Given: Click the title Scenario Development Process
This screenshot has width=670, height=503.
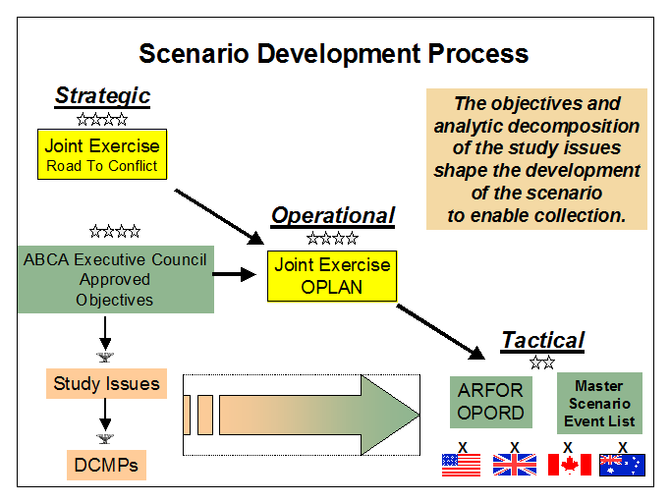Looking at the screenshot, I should (x=334, y=53).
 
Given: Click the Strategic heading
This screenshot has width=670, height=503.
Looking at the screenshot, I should (x=102, y=95).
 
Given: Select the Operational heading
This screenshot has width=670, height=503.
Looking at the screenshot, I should (x=332, y=215).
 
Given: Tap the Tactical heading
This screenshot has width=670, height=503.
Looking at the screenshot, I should (x=542, y=340).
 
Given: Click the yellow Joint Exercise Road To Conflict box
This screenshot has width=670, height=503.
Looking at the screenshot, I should (x=102, y=155).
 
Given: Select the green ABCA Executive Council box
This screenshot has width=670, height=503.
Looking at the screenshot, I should (x=115, y=279).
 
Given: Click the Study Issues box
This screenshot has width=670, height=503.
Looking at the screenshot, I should (x=106, y=384).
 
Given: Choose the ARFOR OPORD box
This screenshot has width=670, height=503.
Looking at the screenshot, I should (x=490, y=402).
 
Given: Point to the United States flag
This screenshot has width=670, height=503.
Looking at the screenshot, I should (x=462, y=465).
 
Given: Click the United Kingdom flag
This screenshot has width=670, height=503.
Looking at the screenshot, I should (x=514, y=465).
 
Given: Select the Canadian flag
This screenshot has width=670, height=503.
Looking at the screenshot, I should (x=568, y=465).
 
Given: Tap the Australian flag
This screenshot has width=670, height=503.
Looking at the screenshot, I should (x=622, y=465).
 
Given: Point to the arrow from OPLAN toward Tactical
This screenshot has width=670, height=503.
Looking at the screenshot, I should (x=442, y=331).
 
